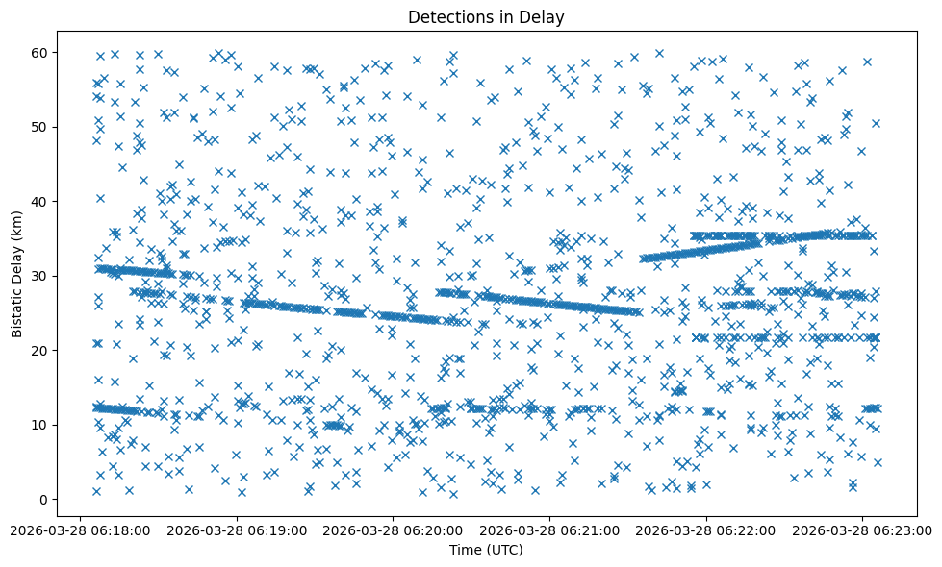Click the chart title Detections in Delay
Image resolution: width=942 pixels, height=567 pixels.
(x=486, y=16)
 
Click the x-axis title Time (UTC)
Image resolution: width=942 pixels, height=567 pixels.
(x=486, y=550)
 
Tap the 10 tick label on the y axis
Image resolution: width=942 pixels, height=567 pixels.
(x=41, y=425)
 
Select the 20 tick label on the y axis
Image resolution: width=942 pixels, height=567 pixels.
(x=41, y=351)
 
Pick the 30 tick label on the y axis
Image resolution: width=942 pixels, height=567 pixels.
(x=41, y=276)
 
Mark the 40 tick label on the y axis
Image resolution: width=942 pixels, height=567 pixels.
(x=41, y=201)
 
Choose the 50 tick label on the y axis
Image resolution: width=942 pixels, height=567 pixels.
(x=41, y=127)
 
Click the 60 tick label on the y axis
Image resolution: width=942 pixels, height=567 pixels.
(x=41, y=52)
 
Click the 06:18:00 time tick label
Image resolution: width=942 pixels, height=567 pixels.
(x=81, y=530)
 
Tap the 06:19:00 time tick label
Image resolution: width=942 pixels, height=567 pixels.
(x=237, y=530)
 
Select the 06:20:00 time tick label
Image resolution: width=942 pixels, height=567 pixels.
(x=394, y=530)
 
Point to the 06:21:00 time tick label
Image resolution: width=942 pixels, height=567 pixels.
(x=549, y=530)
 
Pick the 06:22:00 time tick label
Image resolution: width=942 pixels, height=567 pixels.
(x=706, y=530)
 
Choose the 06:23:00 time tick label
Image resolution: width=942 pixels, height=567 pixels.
(x=862, y=530)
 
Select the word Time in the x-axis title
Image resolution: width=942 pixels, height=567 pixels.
(x=465, y=550)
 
